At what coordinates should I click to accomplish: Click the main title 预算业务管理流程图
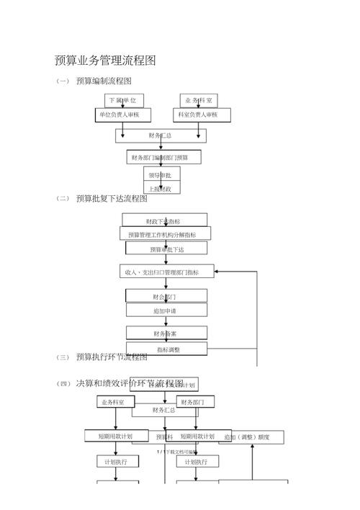[105, 61]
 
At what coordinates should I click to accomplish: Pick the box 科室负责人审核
[199, 115]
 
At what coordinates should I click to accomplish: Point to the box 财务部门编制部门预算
[164, 157]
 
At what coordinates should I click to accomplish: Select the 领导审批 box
[161, 174]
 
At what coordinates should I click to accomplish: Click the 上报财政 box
[161, 189]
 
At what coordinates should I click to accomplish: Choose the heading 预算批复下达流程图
[111, 199]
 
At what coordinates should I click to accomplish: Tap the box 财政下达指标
[164, 220]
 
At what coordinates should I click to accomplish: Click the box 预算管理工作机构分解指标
[166, 234]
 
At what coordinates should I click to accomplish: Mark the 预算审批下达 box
[166, 249]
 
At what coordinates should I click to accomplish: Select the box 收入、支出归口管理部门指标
[161, 272]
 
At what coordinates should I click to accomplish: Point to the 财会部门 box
[166, 296]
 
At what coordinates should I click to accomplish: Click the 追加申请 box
[166, 310]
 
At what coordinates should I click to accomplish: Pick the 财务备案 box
[166, 334]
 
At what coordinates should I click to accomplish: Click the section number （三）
[63, 357]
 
